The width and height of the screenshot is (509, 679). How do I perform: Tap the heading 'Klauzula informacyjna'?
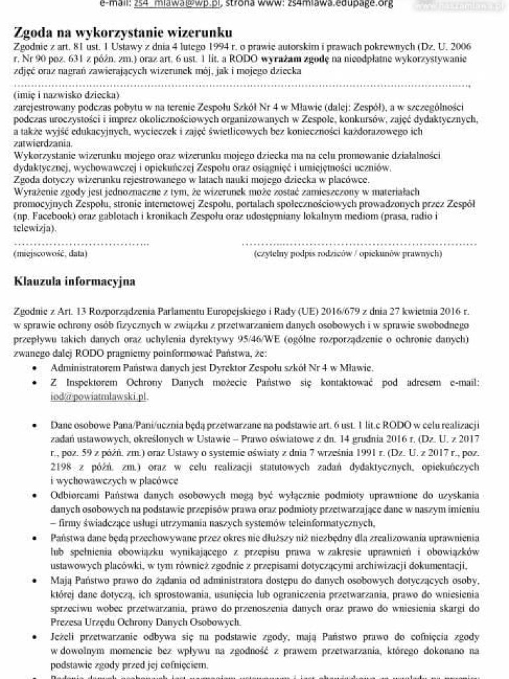(74, 282)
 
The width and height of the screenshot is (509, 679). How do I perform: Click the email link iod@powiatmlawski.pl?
(99, 397)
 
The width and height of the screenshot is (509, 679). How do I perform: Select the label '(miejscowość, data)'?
(50, 253)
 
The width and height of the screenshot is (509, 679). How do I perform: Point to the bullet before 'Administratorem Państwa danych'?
(34, 368)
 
